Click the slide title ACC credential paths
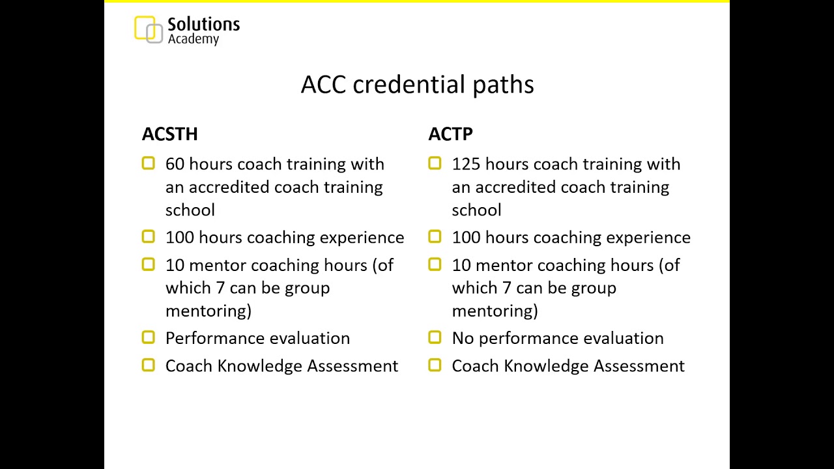coord(417,85)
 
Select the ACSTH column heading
coord(169,134)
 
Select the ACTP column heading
coord(450,134)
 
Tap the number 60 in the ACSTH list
coord(175,164)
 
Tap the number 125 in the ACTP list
coord(466,164)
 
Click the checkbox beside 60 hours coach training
coord(148,163)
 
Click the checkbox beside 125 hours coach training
coord(435,163)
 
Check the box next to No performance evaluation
coord(435,337)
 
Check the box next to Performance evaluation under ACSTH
coord(148,337)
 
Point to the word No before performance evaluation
coord(463,338)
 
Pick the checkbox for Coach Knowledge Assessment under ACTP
coord(435,365)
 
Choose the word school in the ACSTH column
coord(190,210)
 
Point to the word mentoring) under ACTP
coord(495,311)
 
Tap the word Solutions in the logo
coord(203,25)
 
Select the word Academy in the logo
coord(193,39)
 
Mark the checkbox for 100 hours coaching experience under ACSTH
coord(148,237)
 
